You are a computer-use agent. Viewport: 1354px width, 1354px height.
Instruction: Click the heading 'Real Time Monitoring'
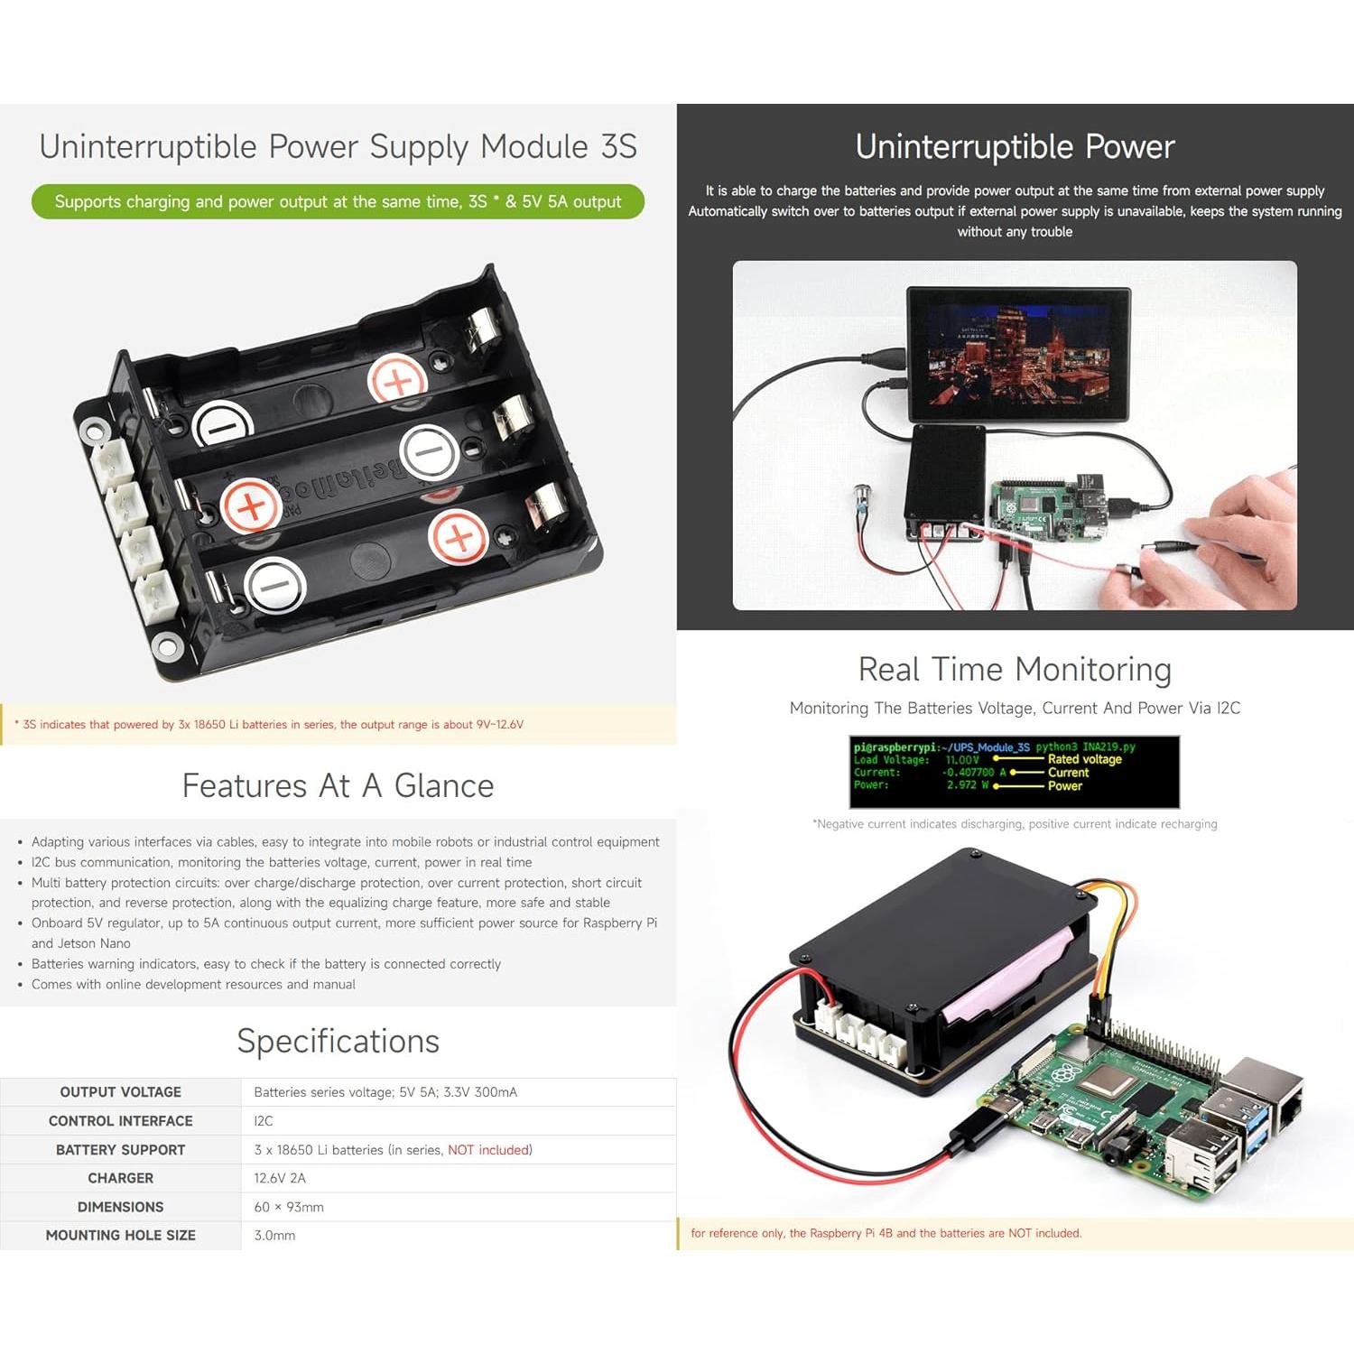1015,670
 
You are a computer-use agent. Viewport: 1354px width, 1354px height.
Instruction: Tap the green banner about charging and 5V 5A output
338,201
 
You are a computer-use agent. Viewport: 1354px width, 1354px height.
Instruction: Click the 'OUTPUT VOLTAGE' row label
120,1092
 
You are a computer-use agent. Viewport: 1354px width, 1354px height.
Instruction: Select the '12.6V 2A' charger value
280,1178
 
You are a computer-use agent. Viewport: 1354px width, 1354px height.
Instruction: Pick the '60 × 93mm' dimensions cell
289,1207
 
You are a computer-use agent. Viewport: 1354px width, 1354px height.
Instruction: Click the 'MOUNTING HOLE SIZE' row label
120,1235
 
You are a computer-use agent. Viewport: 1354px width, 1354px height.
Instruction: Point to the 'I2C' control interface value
264,1121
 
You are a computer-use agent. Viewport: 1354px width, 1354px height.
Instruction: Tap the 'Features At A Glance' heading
338,786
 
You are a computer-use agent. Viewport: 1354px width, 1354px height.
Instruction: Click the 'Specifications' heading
338,1042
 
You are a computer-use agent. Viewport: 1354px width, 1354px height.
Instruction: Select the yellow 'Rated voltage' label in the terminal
1084,759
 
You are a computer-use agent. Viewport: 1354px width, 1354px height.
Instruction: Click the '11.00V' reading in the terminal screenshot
961,760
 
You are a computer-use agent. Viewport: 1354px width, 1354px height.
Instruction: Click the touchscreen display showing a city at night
1018,354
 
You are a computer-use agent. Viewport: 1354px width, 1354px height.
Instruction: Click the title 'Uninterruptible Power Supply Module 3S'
338,146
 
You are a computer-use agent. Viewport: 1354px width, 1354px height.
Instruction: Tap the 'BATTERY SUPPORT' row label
120,1150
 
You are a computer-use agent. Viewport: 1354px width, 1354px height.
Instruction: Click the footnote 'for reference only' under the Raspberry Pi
886,1233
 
